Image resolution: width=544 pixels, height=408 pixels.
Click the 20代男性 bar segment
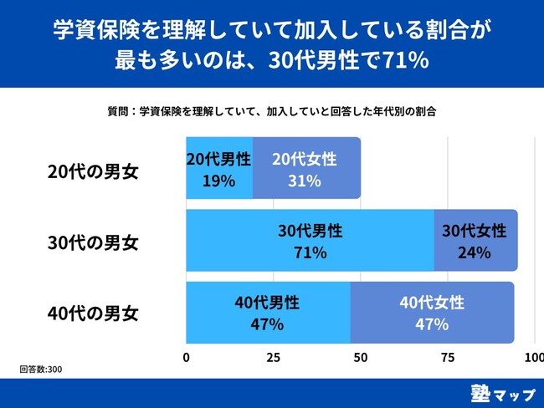[218, 168]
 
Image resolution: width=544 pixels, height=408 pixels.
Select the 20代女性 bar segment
[306, 168]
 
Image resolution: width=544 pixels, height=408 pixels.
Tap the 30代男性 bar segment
[310, 240]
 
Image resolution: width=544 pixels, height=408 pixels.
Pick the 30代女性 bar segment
[475, 240]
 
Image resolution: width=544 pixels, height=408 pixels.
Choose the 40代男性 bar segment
[268, 312]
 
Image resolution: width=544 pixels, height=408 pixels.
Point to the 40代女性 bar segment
[432, 312]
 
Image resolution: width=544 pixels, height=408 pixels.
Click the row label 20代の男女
[93, 171]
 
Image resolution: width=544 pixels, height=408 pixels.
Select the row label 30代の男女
[93, 243]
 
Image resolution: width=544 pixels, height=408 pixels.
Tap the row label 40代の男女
[93, 315]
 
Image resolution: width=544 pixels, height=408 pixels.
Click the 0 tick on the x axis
[186, 358]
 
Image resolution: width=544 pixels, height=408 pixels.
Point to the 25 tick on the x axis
[273, 358]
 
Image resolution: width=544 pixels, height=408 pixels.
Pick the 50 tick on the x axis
[360, 358]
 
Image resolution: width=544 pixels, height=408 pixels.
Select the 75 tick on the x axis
[448, 358]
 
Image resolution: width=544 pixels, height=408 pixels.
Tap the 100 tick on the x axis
[533, 358]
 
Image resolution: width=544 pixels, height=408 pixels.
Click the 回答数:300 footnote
[41, 369]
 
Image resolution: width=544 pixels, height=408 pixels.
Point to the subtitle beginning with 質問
[272, 110]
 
